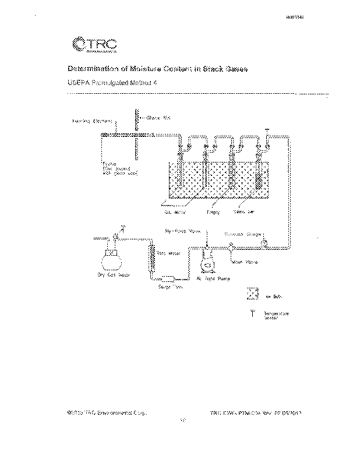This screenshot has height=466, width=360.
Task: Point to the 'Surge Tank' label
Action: pos(171,287)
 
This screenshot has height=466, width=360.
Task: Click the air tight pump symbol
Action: pos(206,262)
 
